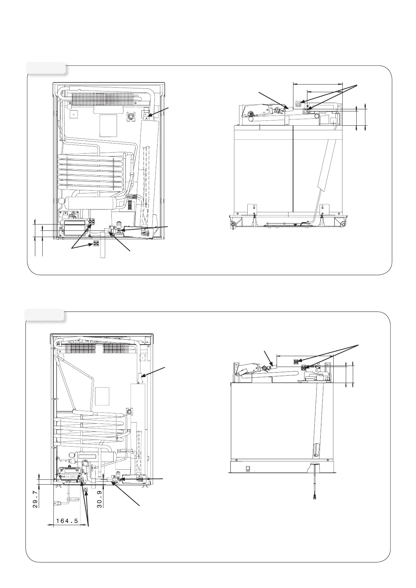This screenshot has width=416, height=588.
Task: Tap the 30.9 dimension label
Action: coord(100,500)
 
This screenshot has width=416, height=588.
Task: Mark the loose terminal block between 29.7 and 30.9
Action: coord(86,491)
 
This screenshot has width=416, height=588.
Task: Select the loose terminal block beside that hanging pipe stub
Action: coord(96,243)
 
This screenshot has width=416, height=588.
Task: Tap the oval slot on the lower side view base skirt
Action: coord(248,468)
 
